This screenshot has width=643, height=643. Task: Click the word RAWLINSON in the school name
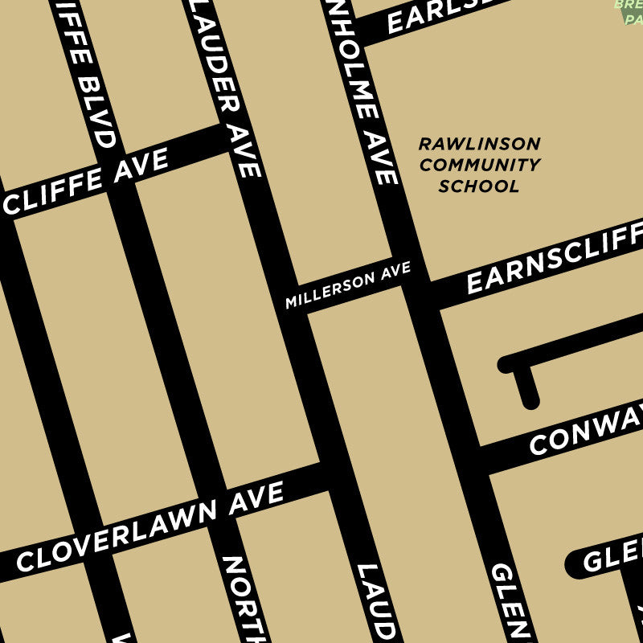coord(479,144)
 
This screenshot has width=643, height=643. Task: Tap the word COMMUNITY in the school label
coord(479,166)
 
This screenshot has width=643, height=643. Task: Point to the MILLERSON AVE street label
coord(348,285)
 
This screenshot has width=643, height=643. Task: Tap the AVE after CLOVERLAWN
coord(256,497)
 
